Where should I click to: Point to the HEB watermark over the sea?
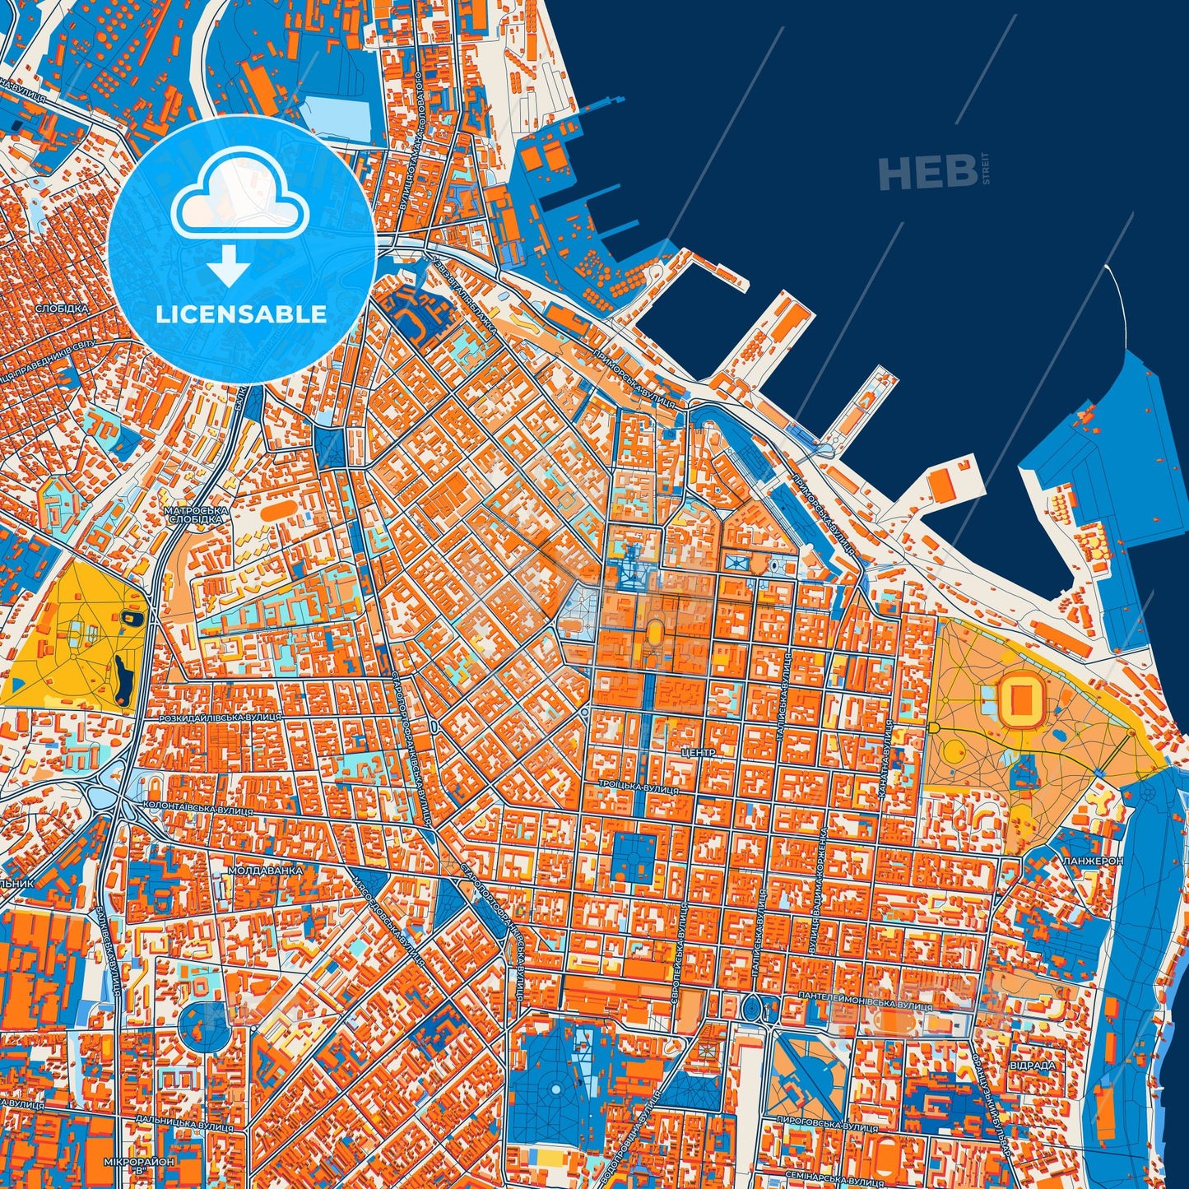click(928, 172)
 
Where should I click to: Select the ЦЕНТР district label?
click(699, 753)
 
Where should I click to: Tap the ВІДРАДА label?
click(1034, 1065)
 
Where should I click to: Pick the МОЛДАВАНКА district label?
click(265, 870)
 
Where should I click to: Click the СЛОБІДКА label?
click(62, 309)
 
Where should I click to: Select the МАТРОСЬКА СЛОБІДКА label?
click(195, 515)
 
